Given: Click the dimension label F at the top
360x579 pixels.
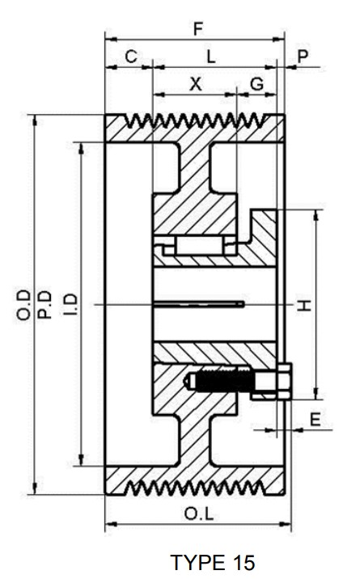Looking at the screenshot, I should [x=197, y=27].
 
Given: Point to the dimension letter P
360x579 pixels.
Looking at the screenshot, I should [x=303, y=56].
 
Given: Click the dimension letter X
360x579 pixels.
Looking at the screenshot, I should [x=195, y=83].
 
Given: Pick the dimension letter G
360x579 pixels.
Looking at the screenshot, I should [x=256, y=83].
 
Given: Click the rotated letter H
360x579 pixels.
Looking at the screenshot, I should [x=303, y=304].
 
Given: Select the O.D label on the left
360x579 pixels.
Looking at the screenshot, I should [x=23, y=305].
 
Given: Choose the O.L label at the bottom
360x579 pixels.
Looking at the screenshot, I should [x=197, y=513].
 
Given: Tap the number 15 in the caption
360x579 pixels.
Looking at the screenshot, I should [x=242, y=562].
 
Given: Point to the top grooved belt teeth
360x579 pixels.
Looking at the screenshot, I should [x=196, y=123].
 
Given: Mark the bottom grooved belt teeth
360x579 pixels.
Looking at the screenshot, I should [x=196, y=486].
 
